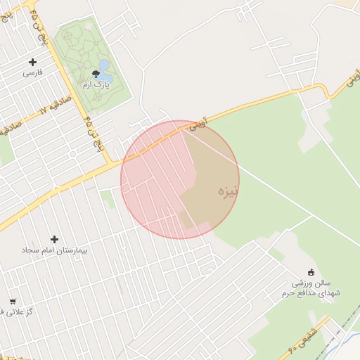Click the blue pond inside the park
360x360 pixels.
pyautogui.click(x=105, y=67)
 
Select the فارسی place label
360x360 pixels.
pyautogui.click(x=32, y=72)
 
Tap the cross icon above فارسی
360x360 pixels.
pyautogui.click(x=33, y=62)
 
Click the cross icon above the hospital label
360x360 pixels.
pyautogui.click(x=54, y=239)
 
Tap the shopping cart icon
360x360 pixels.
pyautogui.click(x=13, y=302)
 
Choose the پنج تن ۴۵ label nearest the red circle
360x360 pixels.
pyautogui.click(x=91, y=133)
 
